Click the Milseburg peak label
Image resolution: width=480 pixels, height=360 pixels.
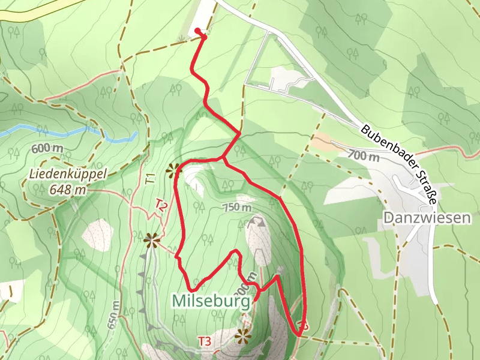[x=211, y=300]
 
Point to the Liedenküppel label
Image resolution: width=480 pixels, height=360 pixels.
[x=67, y=175]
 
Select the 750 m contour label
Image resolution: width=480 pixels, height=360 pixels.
[x=237, y=208]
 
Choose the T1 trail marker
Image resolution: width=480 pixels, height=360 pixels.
[x=151, y=178]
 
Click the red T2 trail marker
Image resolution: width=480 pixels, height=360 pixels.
[x=161, y=205]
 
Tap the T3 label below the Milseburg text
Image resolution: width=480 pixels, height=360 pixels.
[x=205, y=342]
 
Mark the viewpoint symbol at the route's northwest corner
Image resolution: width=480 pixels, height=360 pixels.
[x=175, y=170]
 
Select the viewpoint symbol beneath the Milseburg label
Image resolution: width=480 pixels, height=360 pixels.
[x=243, y=336]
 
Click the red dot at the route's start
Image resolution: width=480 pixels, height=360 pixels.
[x=197, y=31]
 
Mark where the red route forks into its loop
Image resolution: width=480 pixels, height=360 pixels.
[x=223, y=159]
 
